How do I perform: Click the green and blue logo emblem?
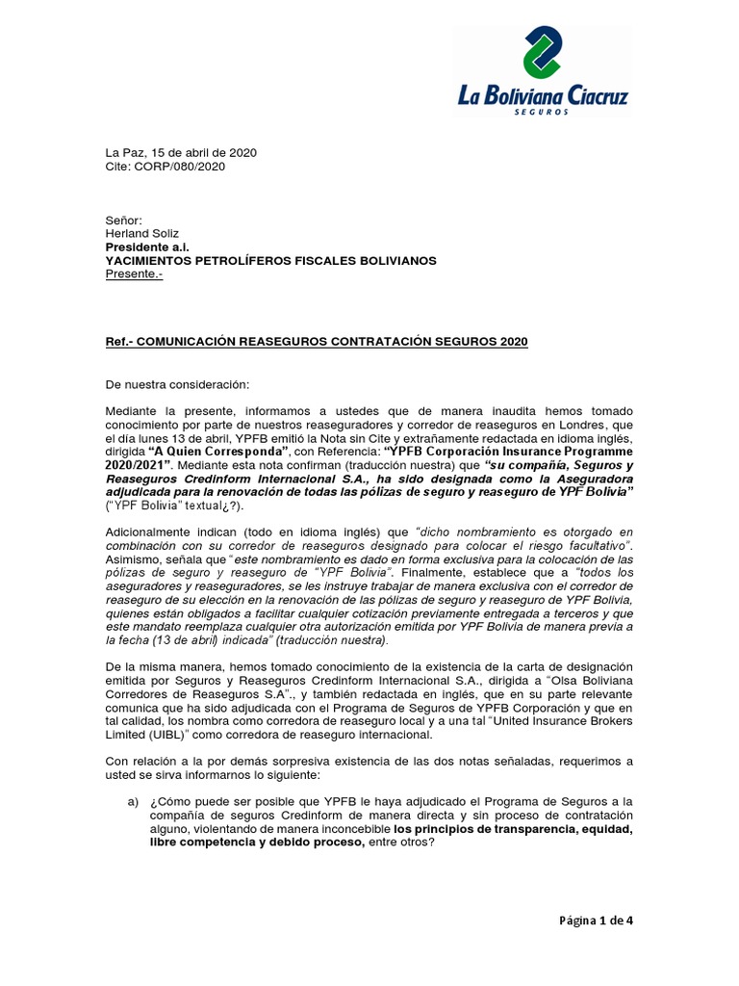coord(544,54)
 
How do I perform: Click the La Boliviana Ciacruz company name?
coord(543,95)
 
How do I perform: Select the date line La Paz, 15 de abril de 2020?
coord(180,153)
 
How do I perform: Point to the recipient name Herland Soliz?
coord(143,234)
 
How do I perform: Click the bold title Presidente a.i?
coord(147,247)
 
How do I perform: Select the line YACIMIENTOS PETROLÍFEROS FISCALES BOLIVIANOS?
coord(269,261)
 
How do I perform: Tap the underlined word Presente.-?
coord(134,274)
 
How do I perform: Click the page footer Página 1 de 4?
coord(598,920)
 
